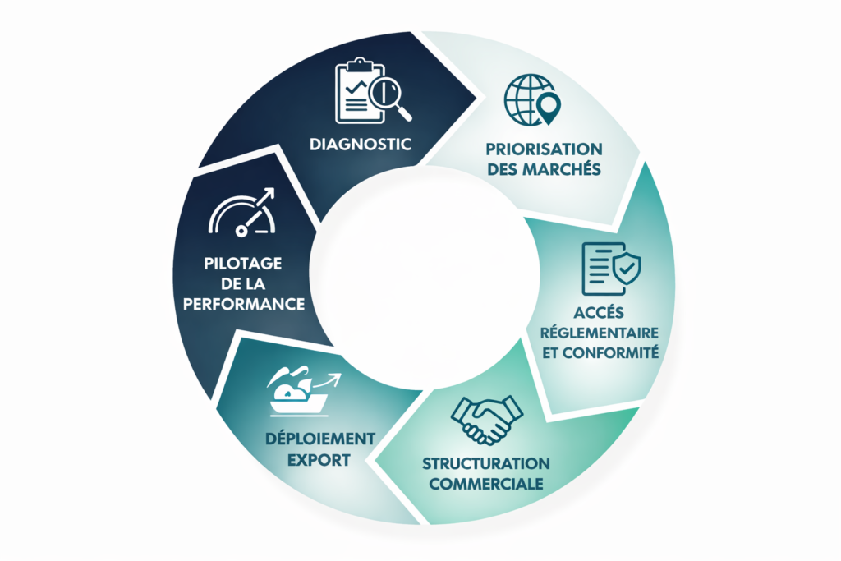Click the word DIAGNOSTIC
tap(361, 145)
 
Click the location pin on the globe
tap(549, 108)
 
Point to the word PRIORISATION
tap(544, 149)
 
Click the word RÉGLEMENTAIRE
tap(599, 332)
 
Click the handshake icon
tap(486, 421)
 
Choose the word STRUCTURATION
tap(486, 463)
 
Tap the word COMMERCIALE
tap(486, 484)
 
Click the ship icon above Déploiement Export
tap(304, 392)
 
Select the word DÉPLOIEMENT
tap(320, 439)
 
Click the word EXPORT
tap(319, 460)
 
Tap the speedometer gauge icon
tap(242, 213)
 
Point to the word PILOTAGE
tap(243, 264)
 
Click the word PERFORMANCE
tap(244, 304)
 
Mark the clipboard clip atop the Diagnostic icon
tap(360, 66)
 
